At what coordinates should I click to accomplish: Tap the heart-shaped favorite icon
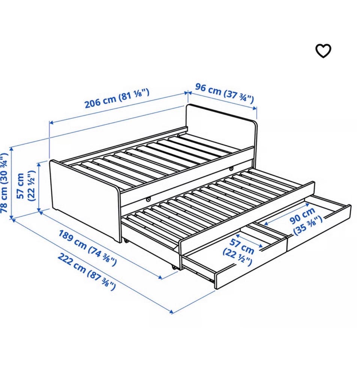323,51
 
